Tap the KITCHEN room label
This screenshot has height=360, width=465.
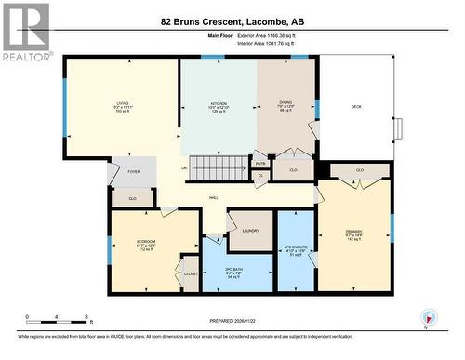(219, 105)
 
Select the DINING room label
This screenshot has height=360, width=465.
(286, 104)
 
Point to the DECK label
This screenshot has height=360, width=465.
(356, 107)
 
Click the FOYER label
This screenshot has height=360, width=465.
(133, 172)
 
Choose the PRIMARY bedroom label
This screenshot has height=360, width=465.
(352, 232)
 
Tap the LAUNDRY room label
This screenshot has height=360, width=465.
(250, 230)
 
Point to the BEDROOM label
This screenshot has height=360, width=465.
(145, 241)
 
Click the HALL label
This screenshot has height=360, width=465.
(213, 197)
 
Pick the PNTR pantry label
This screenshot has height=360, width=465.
(259, 164)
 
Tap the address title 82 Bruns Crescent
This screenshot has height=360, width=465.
(232, 20)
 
